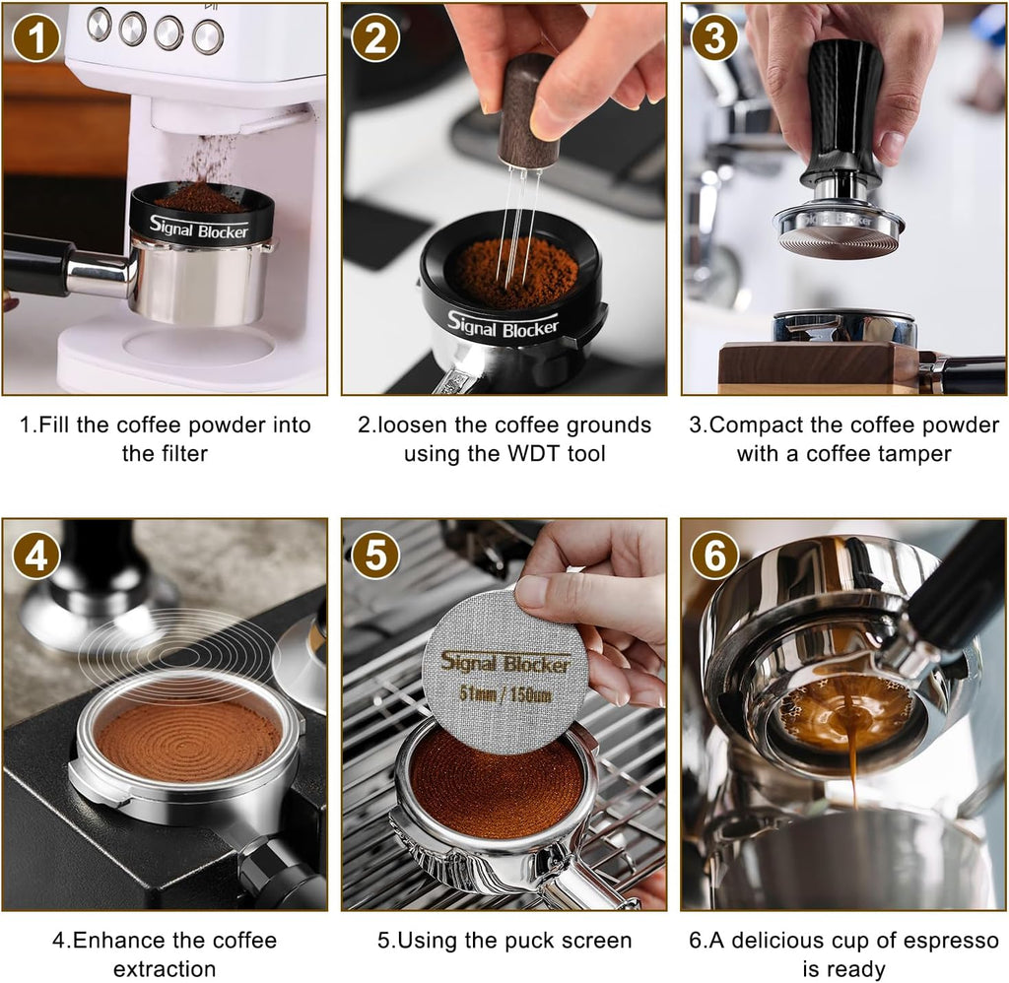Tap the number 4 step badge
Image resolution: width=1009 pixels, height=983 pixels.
pos(35,557)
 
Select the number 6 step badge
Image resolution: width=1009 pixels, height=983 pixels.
pos(714,557)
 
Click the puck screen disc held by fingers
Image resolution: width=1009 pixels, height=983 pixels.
pos(504,670)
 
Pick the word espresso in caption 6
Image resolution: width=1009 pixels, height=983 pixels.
pos(951,941)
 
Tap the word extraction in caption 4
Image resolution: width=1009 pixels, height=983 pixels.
pos(165,969)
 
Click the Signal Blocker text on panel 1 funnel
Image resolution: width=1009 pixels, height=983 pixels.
pos(199,227)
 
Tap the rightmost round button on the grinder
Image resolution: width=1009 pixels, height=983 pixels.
pos(208,36)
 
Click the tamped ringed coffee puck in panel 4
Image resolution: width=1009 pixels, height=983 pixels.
pos(188,739)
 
